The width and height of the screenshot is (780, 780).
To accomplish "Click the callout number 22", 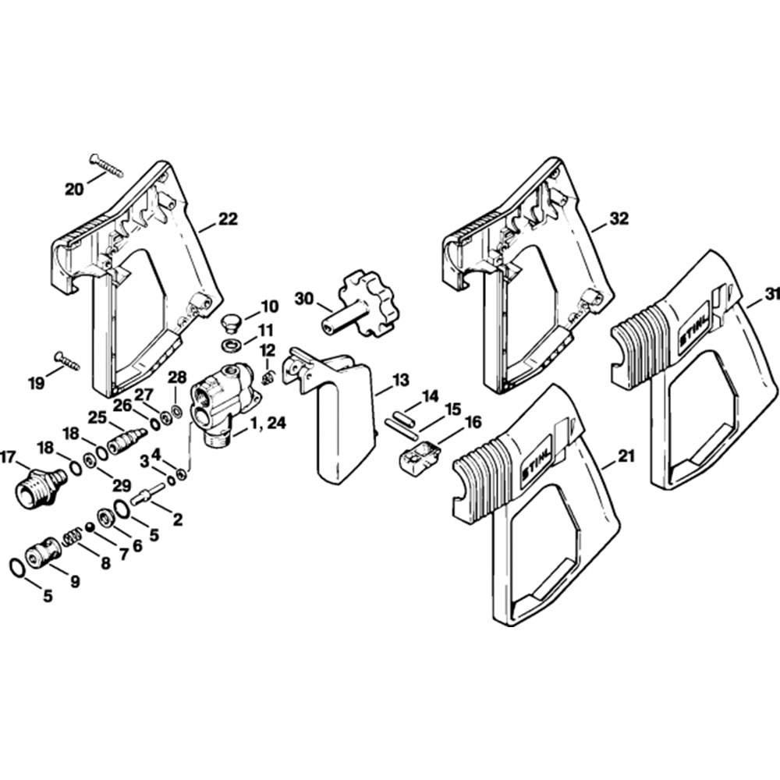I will click(x=227, y=220).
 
